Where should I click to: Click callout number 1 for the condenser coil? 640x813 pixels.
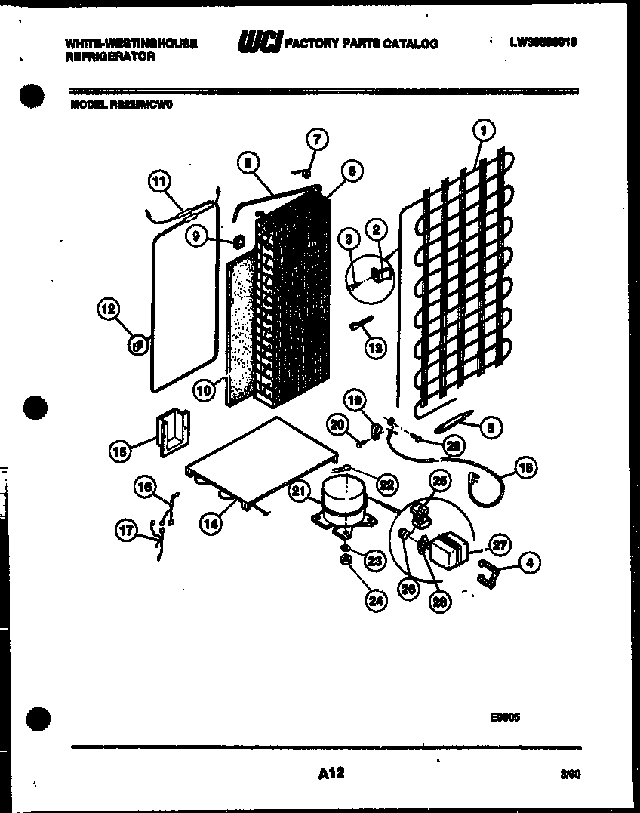click(x=483, y=131)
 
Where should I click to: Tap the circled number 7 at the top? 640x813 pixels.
click(x=316, y=139)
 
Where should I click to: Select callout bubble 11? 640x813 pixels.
click(x=159, y=181)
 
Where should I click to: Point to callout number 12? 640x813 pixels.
click(x=108, y=308)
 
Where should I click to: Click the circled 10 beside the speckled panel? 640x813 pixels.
click(x=202, y=390)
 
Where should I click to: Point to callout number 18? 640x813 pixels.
click(x=527, y=469)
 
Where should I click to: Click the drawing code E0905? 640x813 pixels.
click(x=504, y=717)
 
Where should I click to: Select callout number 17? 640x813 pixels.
click(x=128, y=531)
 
